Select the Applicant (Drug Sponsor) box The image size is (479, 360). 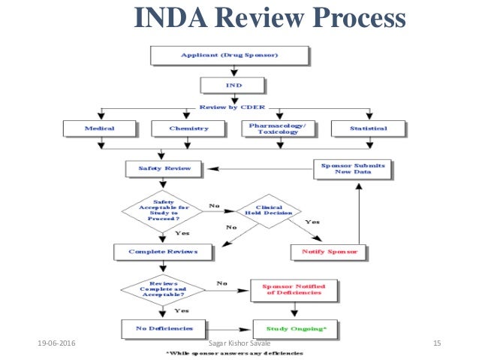pos(230,55)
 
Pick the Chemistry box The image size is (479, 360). pos(188,129)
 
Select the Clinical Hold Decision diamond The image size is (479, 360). pos(268,210)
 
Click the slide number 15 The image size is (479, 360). pos(438,343)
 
